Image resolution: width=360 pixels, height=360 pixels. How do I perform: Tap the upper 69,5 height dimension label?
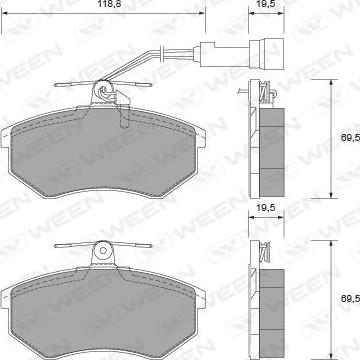[350, 137]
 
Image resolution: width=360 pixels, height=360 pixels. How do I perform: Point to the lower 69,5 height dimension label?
[350, 298]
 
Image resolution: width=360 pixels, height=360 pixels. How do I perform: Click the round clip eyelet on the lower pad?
[103, 250]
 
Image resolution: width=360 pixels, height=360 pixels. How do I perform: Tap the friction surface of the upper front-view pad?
[103, 152]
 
